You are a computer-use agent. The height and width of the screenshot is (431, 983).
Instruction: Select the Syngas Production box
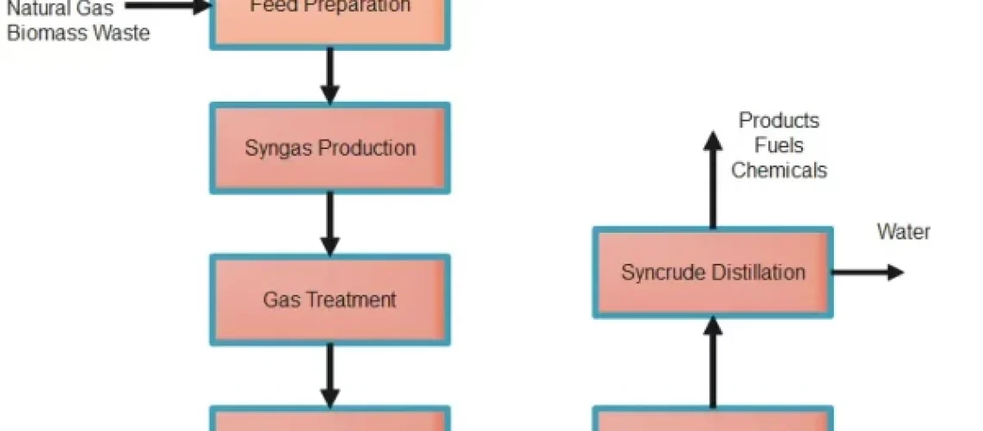[x=329, y=147]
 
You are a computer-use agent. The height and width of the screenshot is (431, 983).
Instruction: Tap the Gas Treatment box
[x=329, y=299]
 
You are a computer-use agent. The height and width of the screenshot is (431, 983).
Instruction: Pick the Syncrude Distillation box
[x=712, y=272]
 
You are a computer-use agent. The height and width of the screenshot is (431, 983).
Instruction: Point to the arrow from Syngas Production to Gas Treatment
[x=329, y=223]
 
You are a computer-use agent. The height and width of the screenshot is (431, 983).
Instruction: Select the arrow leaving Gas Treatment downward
[x=329, y=374]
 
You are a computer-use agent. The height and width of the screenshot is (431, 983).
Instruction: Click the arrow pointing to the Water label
[x=867, y=272]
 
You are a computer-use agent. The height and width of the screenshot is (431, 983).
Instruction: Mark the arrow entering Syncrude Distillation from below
[x=712, y=362]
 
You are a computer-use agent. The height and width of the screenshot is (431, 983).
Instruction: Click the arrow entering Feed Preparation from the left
[x=168, y=8]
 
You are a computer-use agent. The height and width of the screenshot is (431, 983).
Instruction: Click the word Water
[x=904, y=232]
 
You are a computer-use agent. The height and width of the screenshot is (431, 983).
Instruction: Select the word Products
[x=780, y=121]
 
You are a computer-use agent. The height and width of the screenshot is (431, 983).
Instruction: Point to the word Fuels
[x=779, y=146]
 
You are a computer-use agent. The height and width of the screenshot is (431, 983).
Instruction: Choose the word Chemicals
[x=779, y=170]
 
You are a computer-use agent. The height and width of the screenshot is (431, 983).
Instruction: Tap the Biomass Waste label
[x=78, y=34]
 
